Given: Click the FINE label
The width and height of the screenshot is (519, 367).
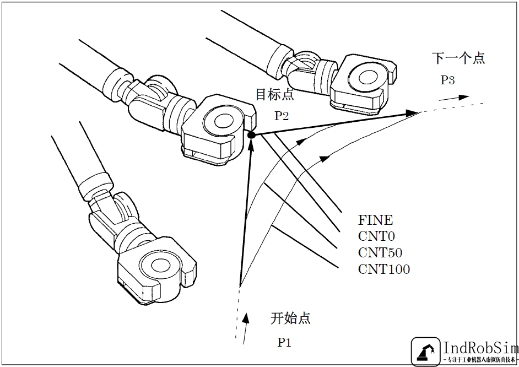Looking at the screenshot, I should (376, 220).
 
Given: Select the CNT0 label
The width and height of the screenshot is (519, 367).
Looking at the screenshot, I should (377, 237).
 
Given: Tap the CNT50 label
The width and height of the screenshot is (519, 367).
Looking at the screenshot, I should (380, 253).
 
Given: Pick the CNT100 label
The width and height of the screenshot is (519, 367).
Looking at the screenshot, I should (384, 269).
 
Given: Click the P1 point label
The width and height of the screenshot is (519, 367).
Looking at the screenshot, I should (284, 343).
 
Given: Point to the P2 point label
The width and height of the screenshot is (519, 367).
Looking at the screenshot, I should (282, 116).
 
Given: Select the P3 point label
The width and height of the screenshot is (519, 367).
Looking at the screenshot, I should (447, 80).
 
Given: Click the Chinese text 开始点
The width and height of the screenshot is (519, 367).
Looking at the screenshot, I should (290, 318).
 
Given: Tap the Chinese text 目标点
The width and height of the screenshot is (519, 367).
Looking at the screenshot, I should (274, 95).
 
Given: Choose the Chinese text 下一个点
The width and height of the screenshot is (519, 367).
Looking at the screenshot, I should (458, 58).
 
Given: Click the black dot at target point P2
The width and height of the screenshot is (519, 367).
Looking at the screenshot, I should (251, 135).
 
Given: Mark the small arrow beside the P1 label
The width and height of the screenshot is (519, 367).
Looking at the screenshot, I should (246, 319).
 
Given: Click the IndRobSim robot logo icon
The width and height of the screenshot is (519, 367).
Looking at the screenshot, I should (425, 352).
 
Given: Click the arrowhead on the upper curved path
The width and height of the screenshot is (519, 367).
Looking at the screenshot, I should (301, 141).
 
